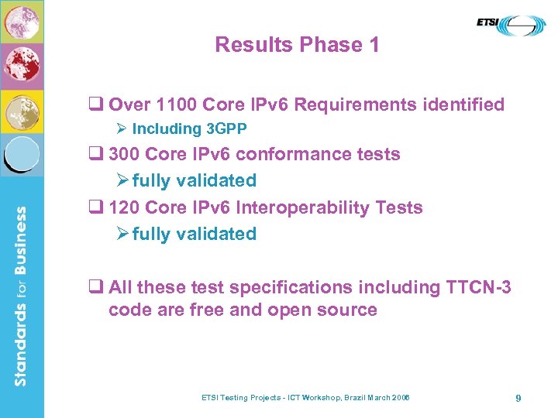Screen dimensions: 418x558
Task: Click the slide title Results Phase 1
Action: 297,45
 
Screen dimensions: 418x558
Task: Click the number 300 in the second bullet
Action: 125,154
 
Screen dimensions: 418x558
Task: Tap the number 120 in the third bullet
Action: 125,207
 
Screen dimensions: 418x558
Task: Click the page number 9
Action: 518,398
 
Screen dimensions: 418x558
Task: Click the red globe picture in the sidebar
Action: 22,67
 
